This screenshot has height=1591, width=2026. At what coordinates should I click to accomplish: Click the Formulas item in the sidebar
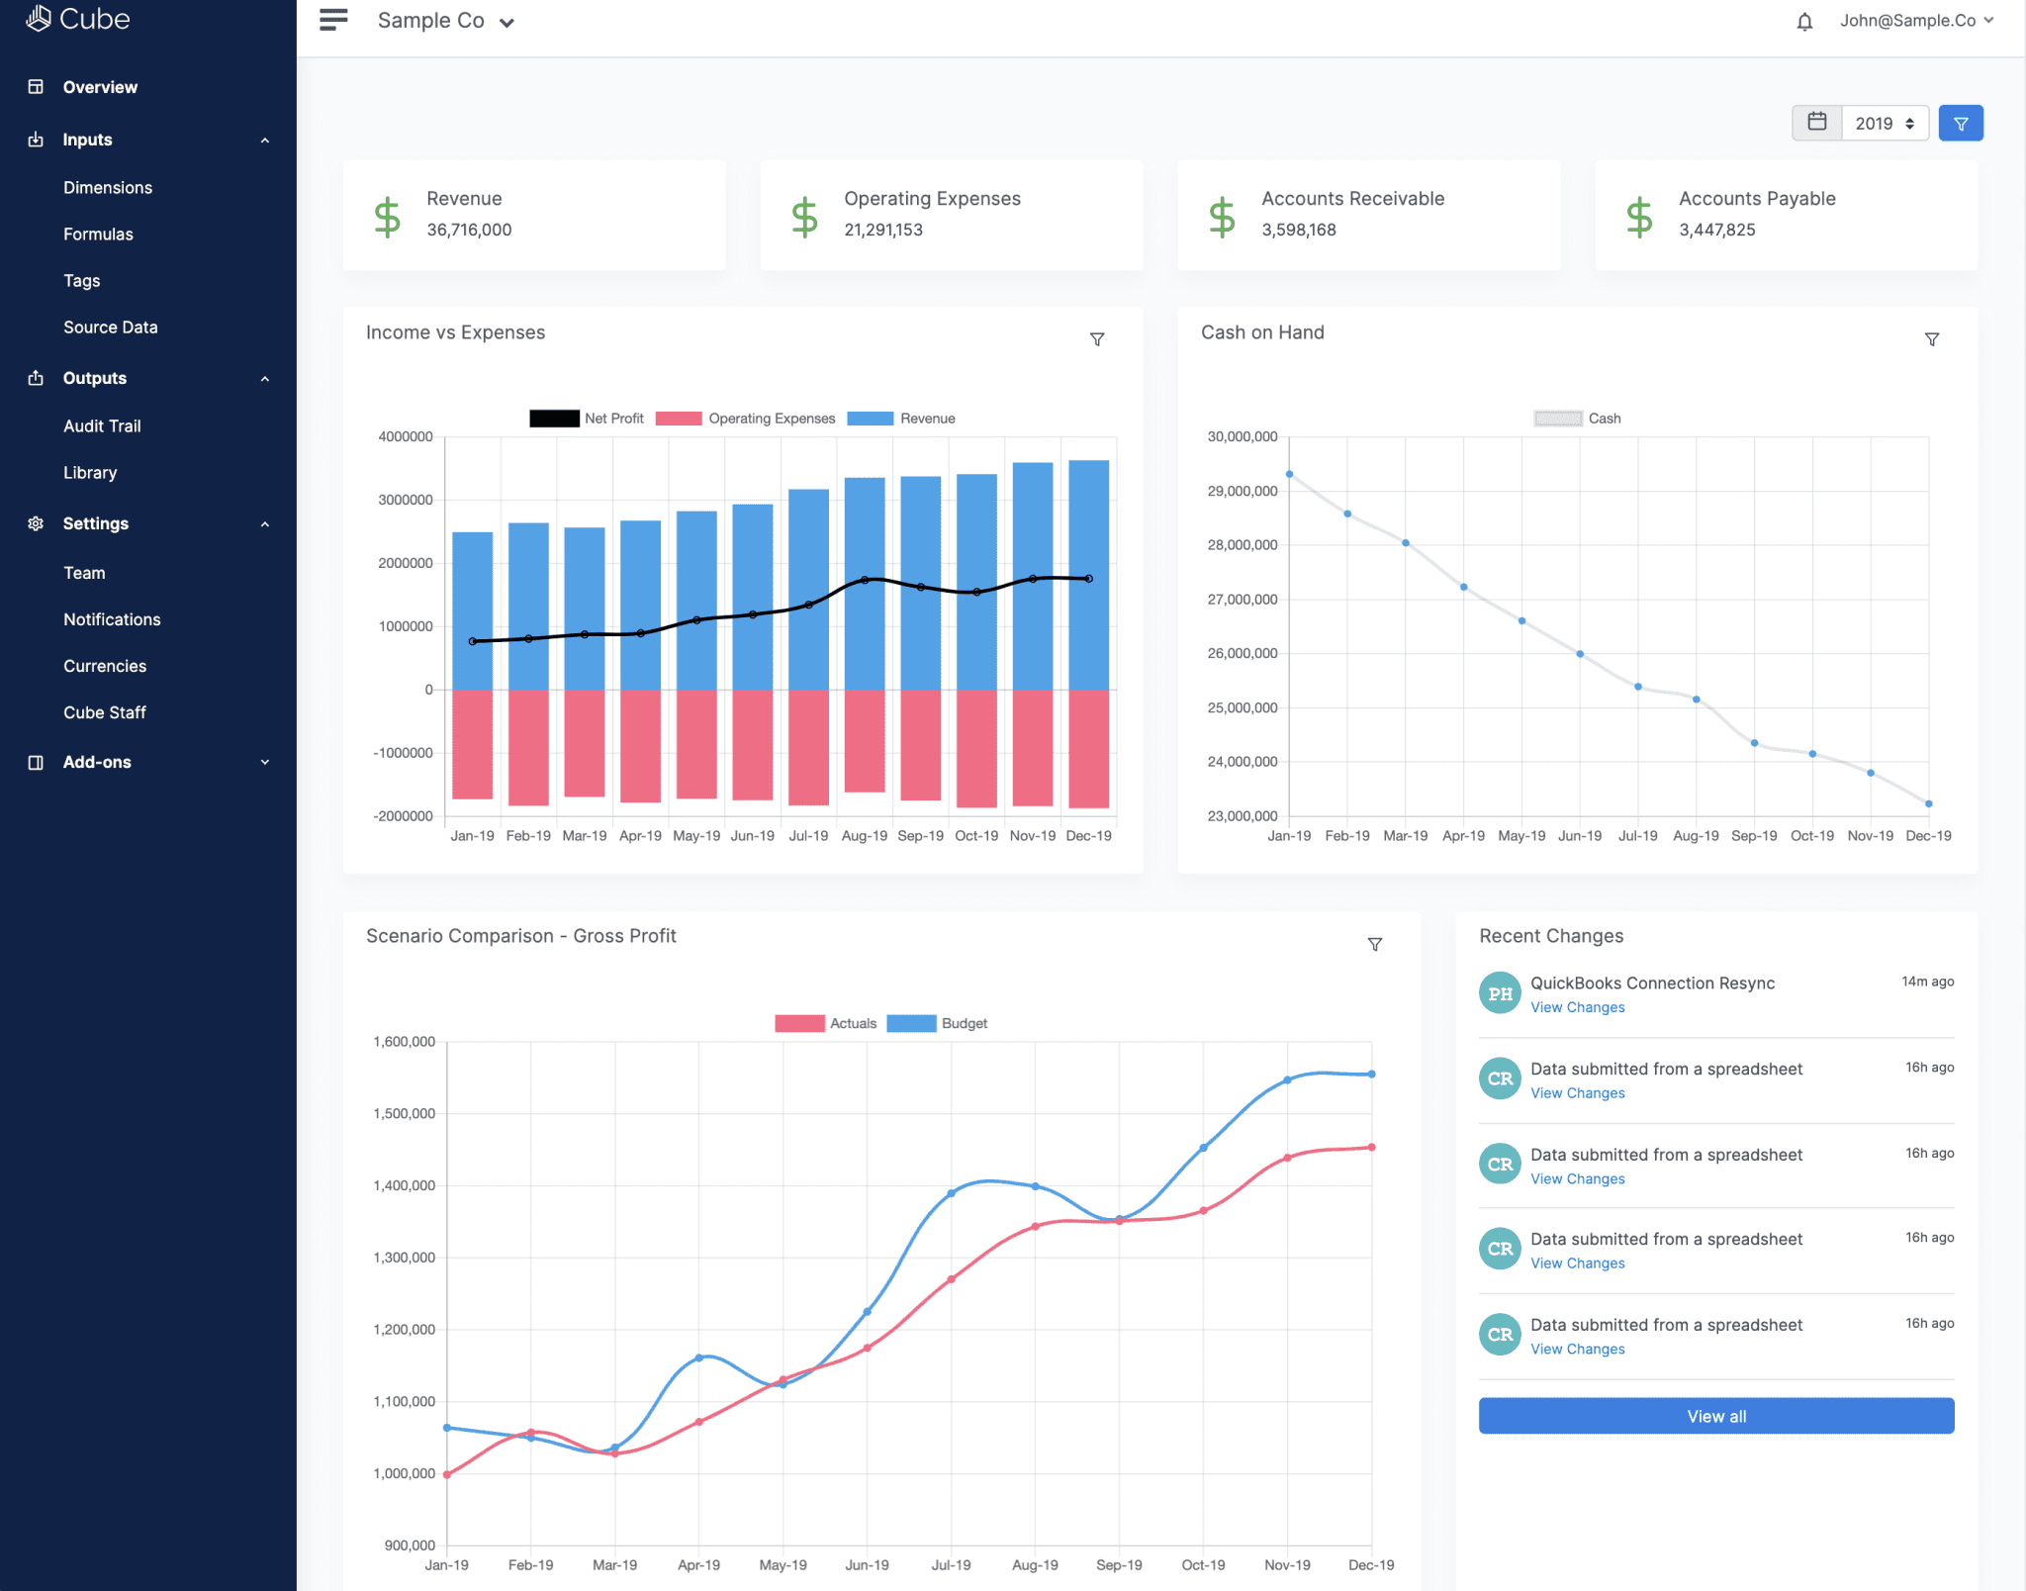98,234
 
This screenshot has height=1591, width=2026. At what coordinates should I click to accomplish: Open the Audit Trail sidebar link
102,426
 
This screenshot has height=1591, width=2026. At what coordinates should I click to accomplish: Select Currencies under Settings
105,666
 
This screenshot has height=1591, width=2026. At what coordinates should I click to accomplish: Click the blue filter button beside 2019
1960,124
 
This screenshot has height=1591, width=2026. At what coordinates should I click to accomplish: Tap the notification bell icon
1804,22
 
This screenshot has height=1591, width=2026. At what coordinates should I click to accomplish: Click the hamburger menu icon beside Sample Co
333,20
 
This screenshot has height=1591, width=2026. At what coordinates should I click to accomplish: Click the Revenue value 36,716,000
469,230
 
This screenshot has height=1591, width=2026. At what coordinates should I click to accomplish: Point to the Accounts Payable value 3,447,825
1716,230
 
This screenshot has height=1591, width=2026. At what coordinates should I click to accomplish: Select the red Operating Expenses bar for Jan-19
472,744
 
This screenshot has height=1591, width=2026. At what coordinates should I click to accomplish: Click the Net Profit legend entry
587,419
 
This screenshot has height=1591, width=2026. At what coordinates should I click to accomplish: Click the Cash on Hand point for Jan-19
1289,474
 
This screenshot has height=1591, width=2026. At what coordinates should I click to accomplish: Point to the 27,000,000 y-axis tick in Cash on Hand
1242,600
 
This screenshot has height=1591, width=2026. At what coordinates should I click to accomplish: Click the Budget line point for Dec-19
1371,1074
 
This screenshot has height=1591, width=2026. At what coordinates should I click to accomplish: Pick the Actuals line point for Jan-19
447,1474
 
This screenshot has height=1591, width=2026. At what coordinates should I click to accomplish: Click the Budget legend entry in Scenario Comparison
938,1023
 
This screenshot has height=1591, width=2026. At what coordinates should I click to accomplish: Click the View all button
1715,1416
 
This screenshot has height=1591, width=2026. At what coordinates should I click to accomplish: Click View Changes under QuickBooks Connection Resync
1577,1007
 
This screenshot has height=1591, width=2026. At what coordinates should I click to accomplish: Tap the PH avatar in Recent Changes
1500,993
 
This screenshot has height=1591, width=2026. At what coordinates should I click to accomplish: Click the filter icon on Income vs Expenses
1097,339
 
